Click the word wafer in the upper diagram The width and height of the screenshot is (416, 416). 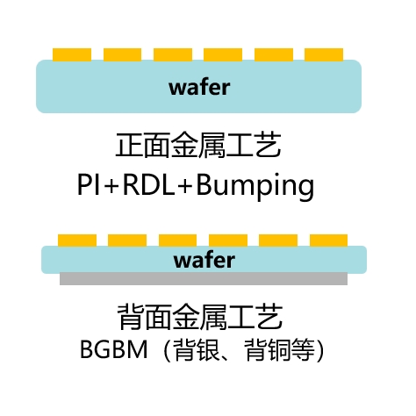199,87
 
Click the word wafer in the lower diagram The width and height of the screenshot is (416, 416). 204,260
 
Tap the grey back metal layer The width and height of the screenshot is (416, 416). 204,279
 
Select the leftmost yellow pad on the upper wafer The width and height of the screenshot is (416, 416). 72,54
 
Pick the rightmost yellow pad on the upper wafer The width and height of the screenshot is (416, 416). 324,54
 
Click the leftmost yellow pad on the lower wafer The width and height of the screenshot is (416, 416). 77,240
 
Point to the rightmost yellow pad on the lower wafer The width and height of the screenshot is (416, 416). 328,240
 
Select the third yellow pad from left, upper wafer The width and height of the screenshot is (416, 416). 173,54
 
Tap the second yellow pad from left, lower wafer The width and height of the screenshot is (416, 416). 127,240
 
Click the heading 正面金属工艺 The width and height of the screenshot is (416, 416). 198,146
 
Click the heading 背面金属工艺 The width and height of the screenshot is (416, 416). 200,317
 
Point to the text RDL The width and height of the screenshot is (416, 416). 149,185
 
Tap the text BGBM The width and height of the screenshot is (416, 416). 113,349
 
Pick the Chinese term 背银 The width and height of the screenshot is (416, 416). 196,350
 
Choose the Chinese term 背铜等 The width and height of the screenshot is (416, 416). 279,350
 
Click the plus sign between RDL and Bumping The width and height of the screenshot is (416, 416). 185,185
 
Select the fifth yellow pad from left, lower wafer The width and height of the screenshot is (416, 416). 278,240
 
